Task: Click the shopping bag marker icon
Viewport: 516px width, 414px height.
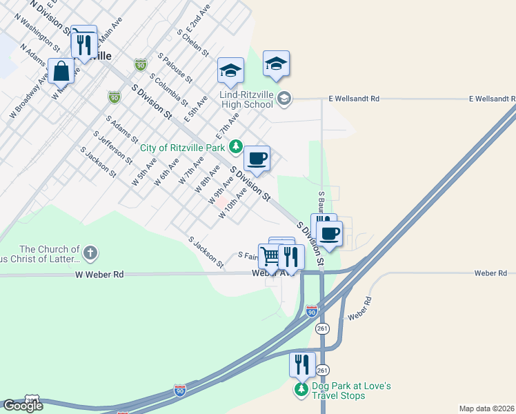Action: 61,70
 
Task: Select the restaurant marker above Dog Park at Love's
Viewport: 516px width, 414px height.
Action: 301,364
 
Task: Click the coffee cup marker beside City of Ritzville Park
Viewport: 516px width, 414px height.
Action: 257,158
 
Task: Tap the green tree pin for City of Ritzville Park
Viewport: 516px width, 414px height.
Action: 236,146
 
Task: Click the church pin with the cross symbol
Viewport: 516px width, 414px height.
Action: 91,253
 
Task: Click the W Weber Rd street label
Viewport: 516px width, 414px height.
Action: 99,275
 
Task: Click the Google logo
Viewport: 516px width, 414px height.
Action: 22,406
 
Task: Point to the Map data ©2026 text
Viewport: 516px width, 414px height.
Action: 486,408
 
